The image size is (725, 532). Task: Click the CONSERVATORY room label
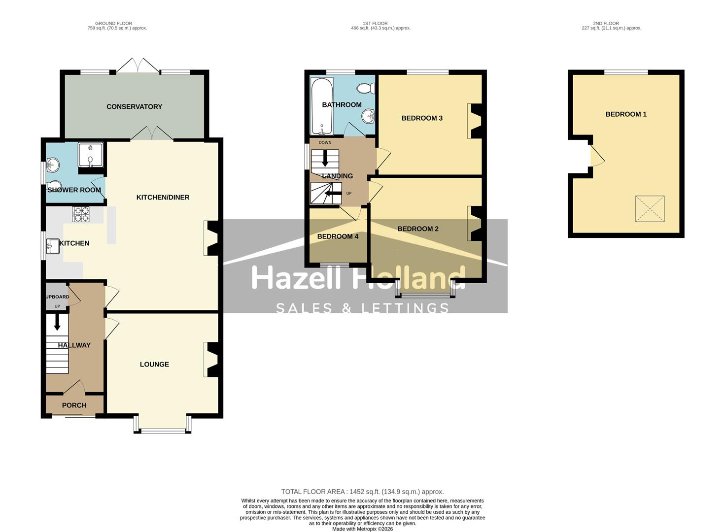[x=134, y=107]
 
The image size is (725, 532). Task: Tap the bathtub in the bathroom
[x=322, y=106]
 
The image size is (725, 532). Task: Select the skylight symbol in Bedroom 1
[x=650, y=209]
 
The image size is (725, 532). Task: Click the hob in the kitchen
[x=81, y=214]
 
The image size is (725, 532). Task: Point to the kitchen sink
[x=52, y=246]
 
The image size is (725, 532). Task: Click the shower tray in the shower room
[x=91, y=155]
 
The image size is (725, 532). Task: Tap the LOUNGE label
[x=154, y=365]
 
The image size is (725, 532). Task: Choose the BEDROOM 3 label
[x=422, y=118]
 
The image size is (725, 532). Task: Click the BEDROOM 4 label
[x=338, y=236]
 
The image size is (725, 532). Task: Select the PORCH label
[x=74, y=405]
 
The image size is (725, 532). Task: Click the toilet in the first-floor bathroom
[x=366, y=89]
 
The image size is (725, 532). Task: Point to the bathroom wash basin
[x=368, y=117]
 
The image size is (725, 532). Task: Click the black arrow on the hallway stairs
[x=57, y=323]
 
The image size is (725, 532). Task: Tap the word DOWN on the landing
[x=325, y=143]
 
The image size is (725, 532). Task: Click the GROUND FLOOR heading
[x=113, y=23]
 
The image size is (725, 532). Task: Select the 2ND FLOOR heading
[x=606, y=23]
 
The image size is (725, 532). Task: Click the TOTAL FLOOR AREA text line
[x=362, y=492]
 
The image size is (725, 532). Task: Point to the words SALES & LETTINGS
[x=362, y=308]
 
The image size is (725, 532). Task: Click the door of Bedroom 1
[x=597, y=156]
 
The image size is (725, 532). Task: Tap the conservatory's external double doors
[x=138, y=66]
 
